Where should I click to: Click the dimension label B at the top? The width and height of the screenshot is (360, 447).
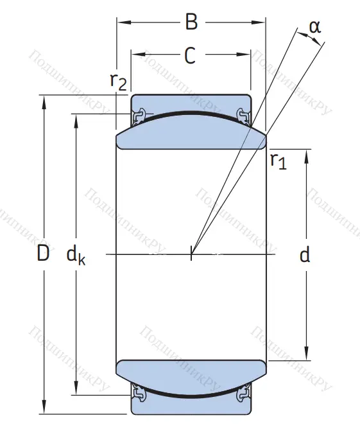click(x=191, y=22)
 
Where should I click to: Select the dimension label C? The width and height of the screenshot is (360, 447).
click(x=190, y=57)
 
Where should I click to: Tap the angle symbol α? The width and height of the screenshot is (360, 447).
click(x=314, y=27)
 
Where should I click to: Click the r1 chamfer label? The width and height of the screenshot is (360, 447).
click(x=278, y=161)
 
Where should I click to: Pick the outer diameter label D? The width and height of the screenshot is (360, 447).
click(x=42, y=255)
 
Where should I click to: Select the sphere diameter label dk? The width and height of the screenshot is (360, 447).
click(x=76, y=256)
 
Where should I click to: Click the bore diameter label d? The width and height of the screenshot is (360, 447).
click(x=305, y=256)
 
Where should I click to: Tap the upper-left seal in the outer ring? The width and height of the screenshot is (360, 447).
click(x=137, y=116)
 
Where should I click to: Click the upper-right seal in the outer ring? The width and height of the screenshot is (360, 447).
click(x=244, y=116)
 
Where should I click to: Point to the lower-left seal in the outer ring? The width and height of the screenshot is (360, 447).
click(x=137, y=393)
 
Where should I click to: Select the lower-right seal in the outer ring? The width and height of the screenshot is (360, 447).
click(x=244, y=393)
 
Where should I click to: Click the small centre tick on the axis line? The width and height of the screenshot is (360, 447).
click(x=191, y=255)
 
